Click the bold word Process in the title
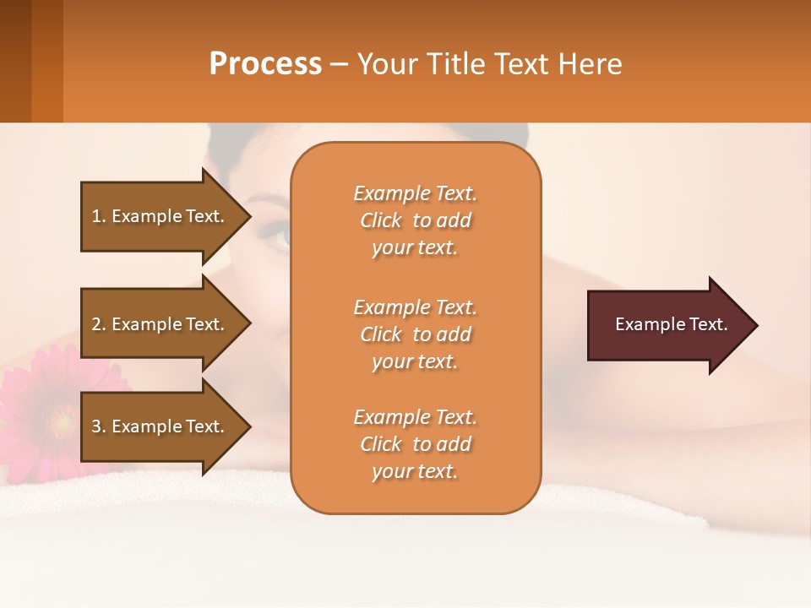click(265, 64)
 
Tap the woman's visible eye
click(279, 235)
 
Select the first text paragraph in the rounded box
click(415, 220)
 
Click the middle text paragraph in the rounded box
click(415, 334)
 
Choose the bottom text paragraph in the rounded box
click(415, 444)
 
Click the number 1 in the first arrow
click(96, 216)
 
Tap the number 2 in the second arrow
click(96, 324)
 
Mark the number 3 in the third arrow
click(96, 426)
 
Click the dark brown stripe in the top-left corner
click(15, 61)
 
